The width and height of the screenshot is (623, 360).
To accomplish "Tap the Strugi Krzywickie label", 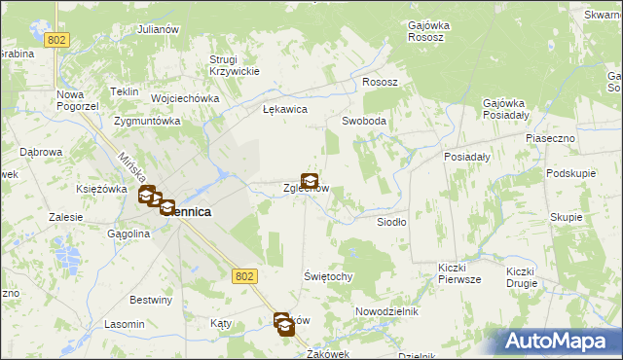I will (234, 65).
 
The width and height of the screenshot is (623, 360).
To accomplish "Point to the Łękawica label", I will (285, 110).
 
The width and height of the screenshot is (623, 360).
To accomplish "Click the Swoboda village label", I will (364, 122).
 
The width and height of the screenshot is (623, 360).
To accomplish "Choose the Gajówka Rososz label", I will (426, 31).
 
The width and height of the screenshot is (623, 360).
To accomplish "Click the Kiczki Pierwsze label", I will (459, 272).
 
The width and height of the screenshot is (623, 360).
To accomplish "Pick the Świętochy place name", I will (327, 276).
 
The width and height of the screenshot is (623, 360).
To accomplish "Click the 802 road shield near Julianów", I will (56, 39).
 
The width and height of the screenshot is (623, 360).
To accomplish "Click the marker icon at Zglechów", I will (310, 180).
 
